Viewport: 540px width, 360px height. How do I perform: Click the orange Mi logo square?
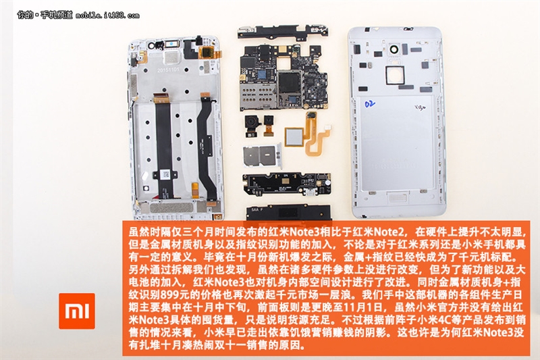76,311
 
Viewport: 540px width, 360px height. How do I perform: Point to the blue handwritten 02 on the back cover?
369,105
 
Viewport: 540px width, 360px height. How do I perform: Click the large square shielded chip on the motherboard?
291,86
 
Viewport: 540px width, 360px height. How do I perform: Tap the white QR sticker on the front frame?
165,174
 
